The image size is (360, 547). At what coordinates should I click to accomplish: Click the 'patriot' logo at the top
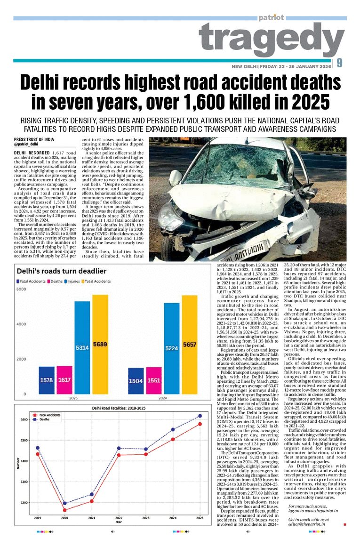pos(271,18)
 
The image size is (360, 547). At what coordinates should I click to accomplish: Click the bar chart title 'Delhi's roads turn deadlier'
pos(62,271)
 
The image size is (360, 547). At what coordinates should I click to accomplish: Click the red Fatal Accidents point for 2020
pos(64,510)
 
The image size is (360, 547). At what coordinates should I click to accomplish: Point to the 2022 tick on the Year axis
pos(119,518)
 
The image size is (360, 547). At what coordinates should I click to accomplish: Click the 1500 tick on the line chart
pos(24,441)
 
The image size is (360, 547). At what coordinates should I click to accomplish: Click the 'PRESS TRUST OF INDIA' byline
pos(34,139)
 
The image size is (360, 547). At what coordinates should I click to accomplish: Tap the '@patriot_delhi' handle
pos(26,145)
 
